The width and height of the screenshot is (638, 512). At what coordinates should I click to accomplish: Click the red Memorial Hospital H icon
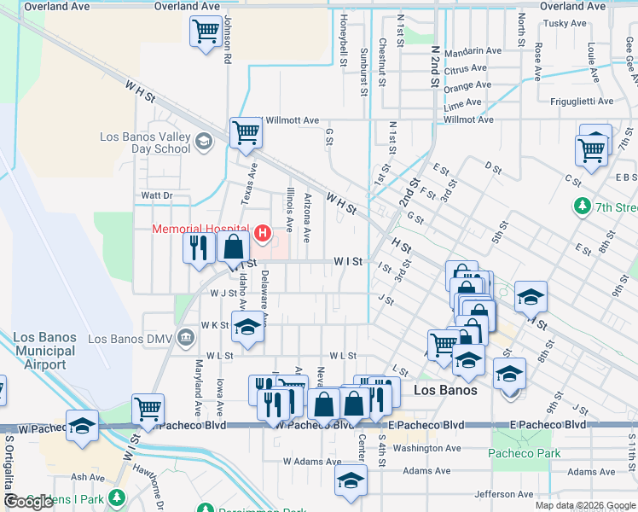263,232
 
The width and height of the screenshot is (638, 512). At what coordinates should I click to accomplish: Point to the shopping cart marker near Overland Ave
206,33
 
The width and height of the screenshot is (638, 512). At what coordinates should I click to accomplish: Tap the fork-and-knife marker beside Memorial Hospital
198,247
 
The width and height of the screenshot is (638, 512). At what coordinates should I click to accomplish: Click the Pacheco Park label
525,453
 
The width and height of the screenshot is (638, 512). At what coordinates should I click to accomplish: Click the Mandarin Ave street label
473,51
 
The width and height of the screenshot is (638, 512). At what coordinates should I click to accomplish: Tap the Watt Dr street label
157,195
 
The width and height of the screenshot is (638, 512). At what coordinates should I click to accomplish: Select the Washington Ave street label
427,448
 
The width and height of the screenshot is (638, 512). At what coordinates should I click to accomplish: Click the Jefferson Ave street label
504,494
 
